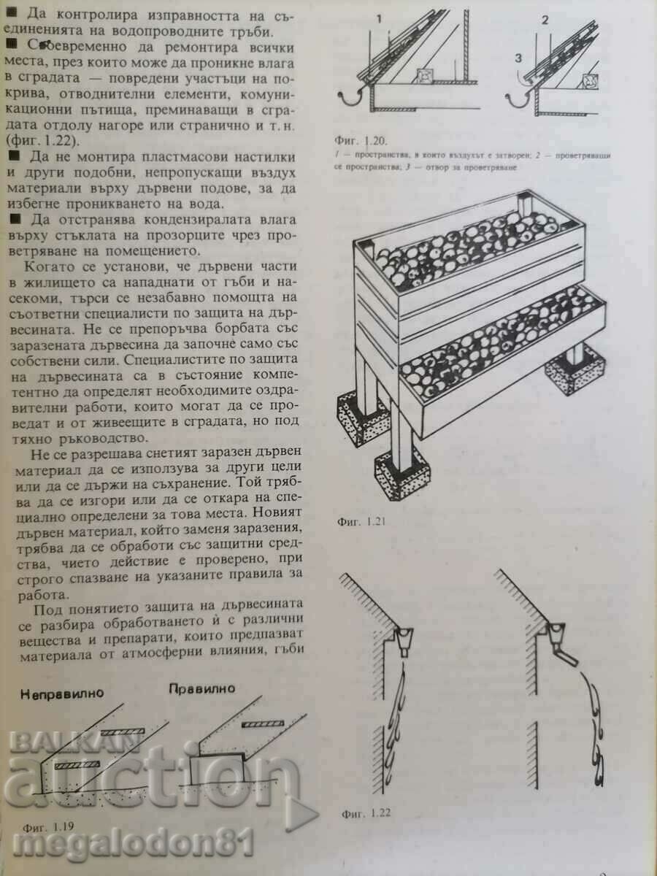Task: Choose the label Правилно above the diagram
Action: click(x=201, y=688)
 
